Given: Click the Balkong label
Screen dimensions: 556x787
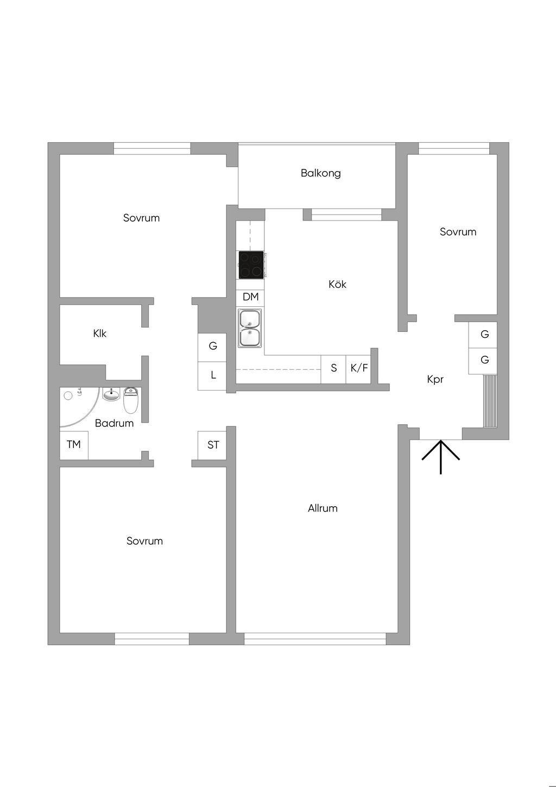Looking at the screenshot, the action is coord(320,173).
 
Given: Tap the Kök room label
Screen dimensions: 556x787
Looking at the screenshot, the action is coord(337,284).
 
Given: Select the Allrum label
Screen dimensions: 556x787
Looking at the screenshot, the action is coord(323,508).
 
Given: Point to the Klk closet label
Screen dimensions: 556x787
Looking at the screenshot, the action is coord(100,333).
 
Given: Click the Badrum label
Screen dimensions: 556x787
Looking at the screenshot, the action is coord(114,423).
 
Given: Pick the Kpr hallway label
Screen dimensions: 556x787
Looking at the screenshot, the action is coord(435,380).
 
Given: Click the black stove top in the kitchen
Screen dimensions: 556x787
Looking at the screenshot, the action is coord(251,265).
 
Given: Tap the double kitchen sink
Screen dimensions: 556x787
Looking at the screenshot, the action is coord(250,328).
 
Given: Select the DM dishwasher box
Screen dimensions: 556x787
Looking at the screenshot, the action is coord(250,297).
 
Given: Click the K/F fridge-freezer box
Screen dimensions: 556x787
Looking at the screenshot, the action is coord(359,368).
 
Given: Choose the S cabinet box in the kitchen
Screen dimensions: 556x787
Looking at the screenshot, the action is coord(333,368).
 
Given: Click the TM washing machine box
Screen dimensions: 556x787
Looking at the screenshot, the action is coord(74,445).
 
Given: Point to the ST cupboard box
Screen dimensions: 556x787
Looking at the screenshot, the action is coord(213,445).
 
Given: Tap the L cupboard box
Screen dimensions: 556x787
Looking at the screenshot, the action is coord(213,375).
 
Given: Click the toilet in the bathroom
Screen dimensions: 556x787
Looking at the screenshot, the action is coord(131,400).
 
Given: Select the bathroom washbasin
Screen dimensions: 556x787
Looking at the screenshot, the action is coord(111,394).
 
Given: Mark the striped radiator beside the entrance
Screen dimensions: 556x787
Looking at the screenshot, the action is coord(490,400).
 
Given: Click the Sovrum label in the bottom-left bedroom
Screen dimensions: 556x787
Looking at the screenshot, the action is coord(144,541).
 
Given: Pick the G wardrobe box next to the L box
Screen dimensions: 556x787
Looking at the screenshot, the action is coord(213,346).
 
